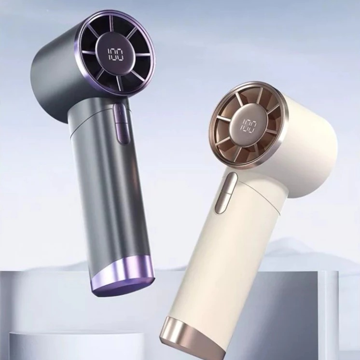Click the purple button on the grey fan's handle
pos(121,124)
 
